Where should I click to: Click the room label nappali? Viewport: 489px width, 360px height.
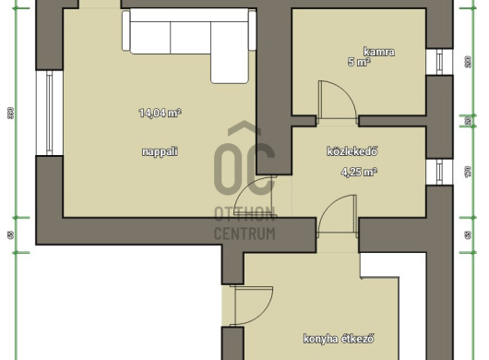[160, 150]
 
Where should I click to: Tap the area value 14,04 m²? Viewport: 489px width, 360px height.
[160, 114]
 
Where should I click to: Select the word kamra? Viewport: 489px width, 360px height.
[378, 52]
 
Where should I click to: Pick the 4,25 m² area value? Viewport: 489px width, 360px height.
[359, 172]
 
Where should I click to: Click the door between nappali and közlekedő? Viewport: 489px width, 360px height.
[256, 198]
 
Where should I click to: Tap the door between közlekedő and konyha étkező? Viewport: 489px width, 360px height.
[337, 222]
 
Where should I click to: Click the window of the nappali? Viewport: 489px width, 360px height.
[43, 112]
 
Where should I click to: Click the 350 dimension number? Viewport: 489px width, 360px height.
[10, 114]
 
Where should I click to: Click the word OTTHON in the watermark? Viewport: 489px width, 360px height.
[244, 214]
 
